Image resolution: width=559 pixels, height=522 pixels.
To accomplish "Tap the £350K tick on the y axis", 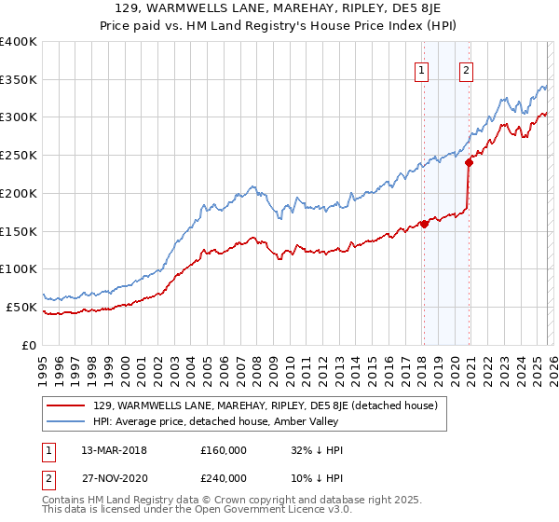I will pyautogui.click(x=19, y=79).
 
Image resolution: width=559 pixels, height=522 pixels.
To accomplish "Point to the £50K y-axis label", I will pyautogui.click(x=21, y=307).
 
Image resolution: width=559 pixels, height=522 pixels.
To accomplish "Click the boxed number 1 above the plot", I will pyautogui.click(x=422, y=69).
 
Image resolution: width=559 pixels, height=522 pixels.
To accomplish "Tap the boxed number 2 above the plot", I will pyautogui.click(x=466, y=69).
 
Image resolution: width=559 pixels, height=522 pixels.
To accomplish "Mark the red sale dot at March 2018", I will pyautogui.click(x=424, y=224).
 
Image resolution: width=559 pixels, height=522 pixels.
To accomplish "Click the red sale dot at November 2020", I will pyautogui.click(x=469, y=162).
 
